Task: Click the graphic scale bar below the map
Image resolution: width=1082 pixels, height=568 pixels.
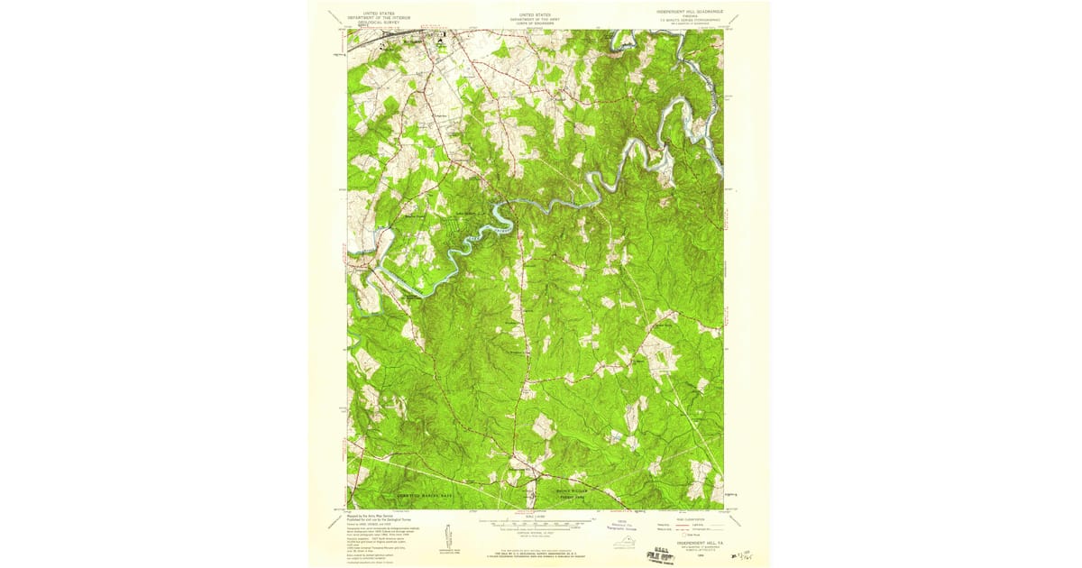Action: tap(536, 521)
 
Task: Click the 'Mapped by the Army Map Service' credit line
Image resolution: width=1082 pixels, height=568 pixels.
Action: tap(370, 516)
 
